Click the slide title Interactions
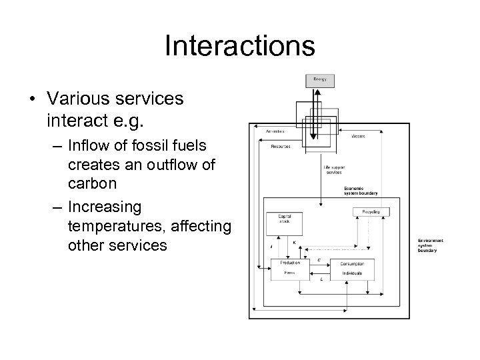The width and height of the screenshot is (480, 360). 239,46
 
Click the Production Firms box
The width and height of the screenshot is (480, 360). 290,268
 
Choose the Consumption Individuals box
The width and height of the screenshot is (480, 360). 351,268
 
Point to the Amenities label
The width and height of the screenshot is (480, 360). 275,131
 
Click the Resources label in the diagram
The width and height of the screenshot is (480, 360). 281,147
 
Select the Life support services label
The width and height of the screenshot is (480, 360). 333,169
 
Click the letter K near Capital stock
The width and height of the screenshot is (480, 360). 294,243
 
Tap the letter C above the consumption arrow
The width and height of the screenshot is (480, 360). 319,259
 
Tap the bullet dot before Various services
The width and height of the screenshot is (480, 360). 33,99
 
